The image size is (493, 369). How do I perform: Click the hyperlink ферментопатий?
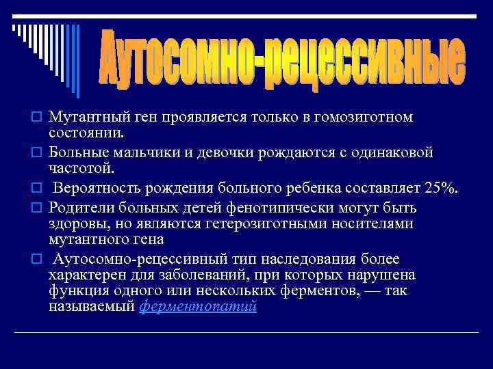pos(198,306)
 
